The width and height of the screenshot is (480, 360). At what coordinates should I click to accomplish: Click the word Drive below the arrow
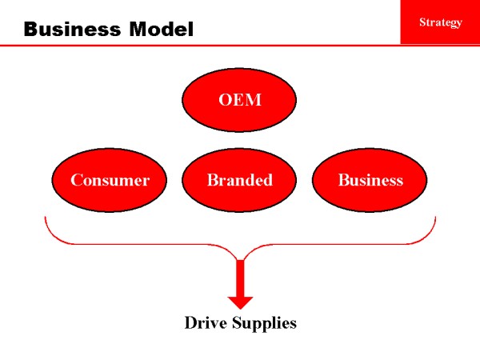(205, 323)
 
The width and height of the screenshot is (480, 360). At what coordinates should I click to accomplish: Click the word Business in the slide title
(67, 30)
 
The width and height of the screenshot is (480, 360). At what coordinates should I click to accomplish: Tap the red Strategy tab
(440, 22)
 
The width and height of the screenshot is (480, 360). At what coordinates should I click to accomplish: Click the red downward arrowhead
(240, 302)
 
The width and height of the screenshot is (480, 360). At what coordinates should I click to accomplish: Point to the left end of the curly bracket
(46, 218)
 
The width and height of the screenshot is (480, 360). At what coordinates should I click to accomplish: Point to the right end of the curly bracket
(434, 218)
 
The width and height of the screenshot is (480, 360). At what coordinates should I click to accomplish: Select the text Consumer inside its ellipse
(110, 180)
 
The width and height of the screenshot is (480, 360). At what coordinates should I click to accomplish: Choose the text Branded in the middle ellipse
(240, 180)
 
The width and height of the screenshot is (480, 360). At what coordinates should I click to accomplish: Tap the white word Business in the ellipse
(370, 180)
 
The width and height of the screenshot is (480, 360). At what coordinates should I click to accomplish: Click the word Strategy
(441, 22)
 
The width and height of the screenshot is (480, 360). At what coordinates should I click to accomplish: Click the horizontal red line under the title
(200, 46)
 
